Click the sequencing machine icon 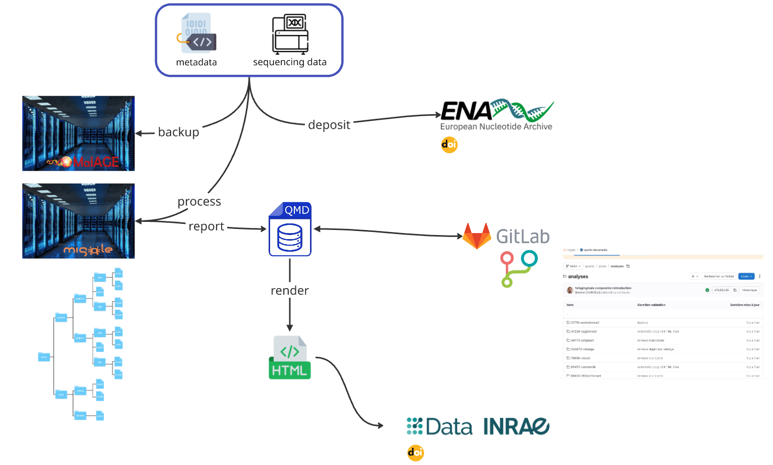[290, 34]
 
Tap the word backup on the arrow [178, 132]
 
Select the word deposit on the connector [329, 125]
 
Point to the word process [199, 202]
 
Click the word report [206, 226]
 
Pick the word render [289, 291]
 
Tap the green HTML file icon [290, 358]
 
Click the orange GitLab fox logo [477, 236]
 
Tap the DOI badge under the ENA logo [449, 145]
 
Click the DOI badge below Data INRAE [415, 453]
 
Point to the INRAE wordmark [516, 427]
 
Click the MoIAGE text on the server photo [95, 162]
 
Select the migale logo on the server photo [87, 250]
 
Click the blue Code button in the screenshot [746, 276]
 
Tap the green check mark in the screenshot [707, 290]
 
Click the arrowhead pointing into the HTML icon [290, 328]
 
